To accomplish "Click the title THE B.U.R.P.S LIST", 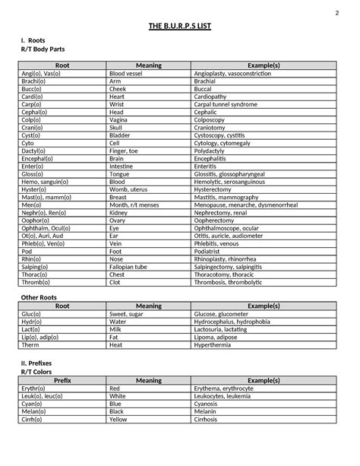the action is pos(180,27).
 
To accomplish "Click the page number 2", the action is pos(336,14).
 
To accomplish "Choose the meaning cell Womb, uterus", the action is pos(129,189).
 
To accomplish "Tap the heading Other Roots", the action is pos(39,297).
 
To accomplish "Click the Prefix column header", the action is pos(62,380).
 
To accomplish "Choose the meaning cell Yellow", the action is pos(120,419).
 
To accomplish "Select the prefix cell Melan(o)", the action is pos(33,411).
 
